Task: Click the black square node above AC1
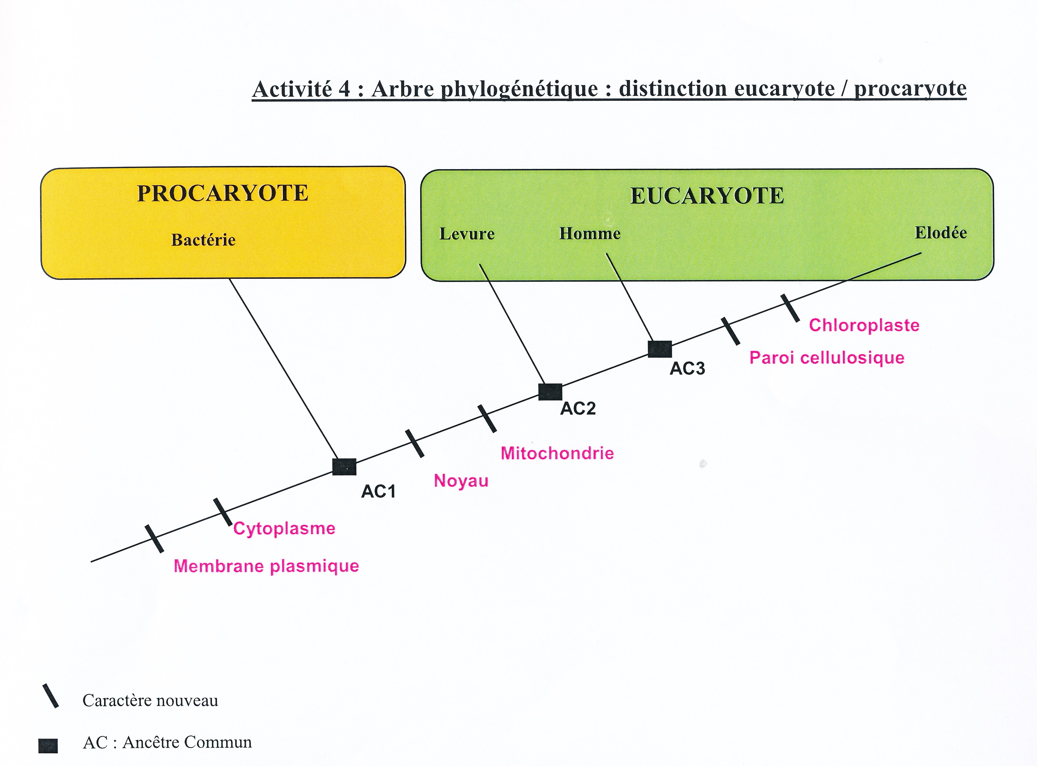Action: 344,467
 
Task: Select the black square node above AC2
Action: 550,392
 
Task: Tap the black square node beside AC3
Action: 660,349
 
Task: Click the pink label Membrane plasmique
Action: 266,566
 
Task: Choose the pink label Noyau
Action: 461,481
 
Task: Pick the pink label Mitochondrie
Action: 557,453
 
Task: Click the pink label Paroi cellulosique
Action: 827,357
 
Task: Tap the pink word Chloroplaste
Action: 864,325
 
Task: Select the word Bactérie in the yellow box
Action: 203,240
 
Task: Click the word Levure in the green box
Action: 467,234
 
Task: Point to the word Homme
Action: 590,233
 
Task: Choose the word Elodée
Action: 941,232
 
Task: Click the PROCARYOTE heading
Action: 223,193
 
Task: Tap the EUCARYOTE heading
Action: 707,196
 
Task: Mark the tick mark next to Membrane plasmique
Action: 154,539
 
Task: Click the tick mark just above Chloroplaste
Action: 790,308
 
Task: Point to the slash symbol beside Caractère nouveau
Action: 51,695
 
